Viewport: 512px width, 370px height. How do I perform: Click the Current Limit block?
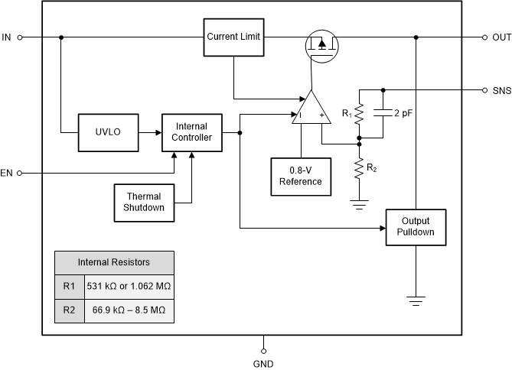pyautogui.click(x=234, y=37)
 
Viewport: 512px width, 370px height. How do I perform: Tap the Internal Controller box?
pyautogui.click(x=191, y=131)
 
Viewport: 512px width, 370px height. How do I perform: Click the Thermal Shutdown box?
pyautogui.click(x=144, y=202)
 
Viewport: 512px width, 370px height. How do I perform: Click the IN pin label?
pyautogui.click(x=7, y=37)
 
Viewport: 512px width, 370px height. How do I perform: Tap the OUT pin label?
pyautogui.click(x=502, y=37)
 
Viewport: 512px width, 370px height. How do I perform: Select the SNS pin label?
pyautogui.click(x=502, y=89)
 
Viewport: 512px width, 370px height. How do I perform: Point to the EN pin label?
pyautogui.click(x=7, y=174)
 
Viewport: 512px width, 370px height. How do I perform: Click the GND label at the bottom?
pyautogui.click(x=263, y=364)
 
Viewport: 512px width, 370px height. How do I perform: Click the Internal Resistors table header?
pyautogui.click(x=114, y=262)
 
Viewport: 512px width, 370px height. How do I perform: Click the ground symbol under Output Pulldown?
pyautogui.click(x=416, y=300)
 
